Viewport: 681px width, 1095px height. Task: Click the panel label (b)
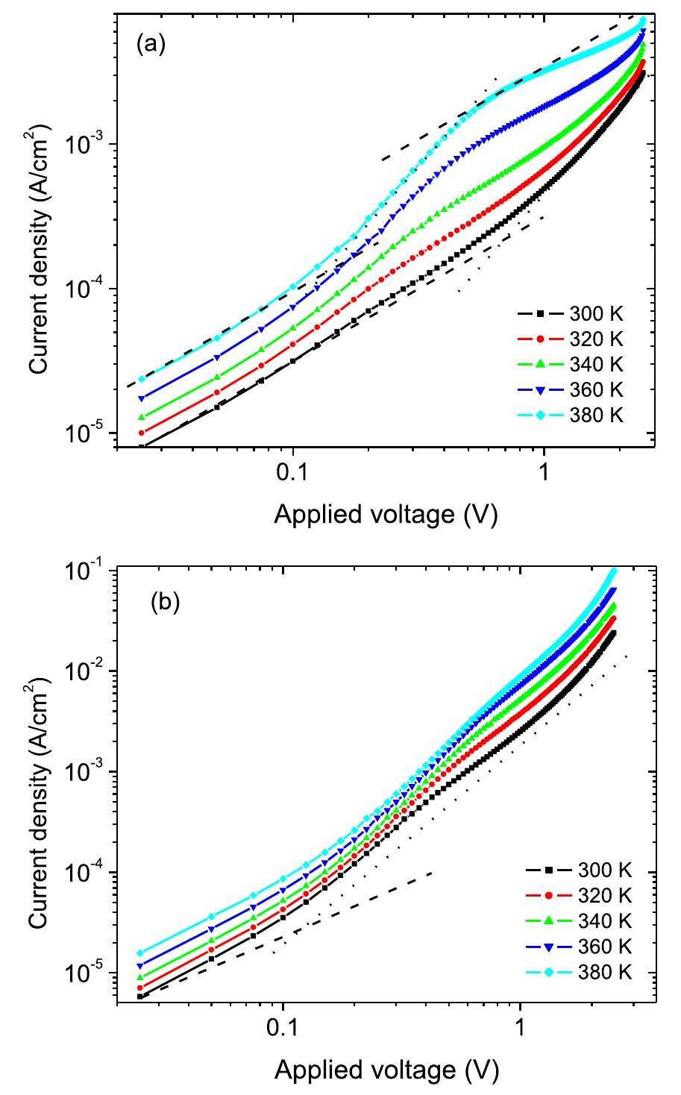click(166, 603)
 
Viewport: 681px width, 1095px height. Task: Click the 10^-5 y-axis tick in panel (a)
click(88, 433)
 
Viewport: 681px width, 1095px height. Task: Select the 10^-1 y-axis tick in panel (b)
click(88, 570)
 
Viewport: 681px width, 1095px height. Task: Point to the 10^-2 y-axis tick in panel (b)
click(88, 671)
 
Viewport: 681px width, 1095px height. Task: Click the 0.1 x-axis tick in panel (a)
click(292, 473)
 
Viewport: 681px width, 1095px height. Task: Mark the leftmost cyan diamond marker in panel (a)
click(141, 379)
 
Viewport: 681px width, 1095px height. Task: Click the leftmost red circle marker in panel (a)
click(141, 433)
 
